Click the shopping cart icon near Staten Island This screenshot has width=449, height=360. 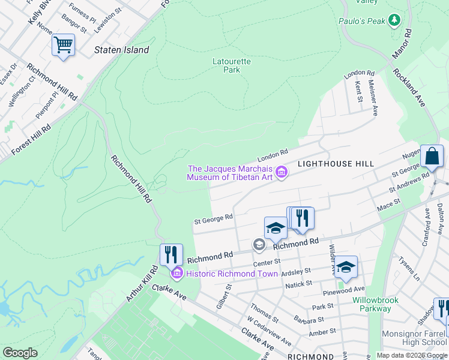[63, 44]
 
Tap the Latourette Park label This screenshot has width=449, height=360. [232, 65]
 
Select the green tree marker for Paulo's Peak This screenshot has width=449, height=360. [394, 21]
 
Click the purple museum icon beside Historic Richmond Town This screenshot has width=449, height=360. [177, 274]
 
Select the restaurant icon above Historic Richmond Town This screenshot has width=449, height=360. [171, 254]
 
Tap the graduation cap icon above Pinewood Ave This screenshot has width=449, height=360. [346, 267]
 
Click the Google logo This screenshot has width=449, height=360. [20, 352]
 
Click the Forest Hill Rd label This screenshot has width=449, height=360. [31, 139]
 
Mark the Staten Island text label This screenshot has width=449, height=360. [121, 50]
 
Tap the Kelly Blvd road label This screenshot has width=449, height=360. [38, 13]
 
